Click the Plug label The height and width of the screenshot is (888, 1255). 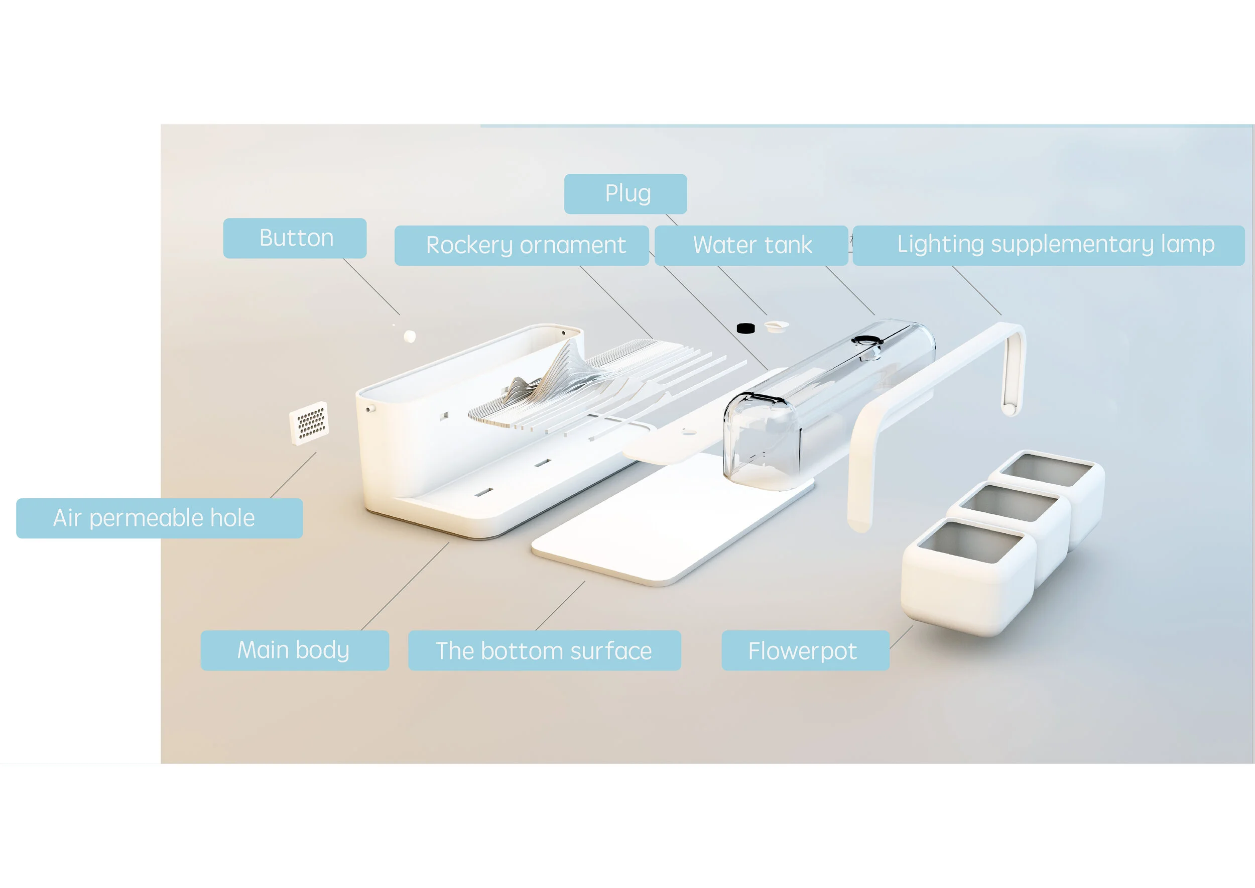pyautogui.click(x=625, y=194)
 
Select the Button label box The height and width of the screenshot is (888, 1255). pyautogui.click(x=295, y=239)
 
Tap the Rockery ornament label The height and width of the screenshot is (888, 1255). pyautogui.click(x=522, y=246)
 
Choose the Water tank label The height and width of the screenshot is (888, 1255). pyautogui.click(x=751, y=246)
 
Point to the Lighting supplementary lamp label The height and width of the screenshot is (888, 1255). pyautogui.click(x=1048, y=246)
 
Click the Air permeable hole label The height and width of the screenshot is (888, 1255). pyautogui.click(x=160, y=518)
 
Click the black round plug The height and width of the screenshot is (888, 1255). pyautogui.click(x=745, y=328)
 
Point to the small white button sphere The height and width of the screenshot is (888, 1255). pyautogui.click(x=410, y=336)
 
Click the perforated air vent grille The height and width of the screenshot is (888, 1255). pyautogui.click(x=309, y=423)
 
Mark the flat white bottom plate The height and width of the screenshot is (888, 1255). pyautogui.click(x=672, y=519)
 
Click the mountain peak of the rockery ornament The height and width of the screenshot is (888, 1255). pyautogui.click(x=568, y=345)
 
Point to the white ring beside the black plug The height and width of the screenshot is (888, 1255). pyautogui.click(x=776, y=326)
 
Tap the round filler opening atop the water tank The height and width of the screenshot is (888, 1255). pyautogui.click(x=867, y=340)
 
